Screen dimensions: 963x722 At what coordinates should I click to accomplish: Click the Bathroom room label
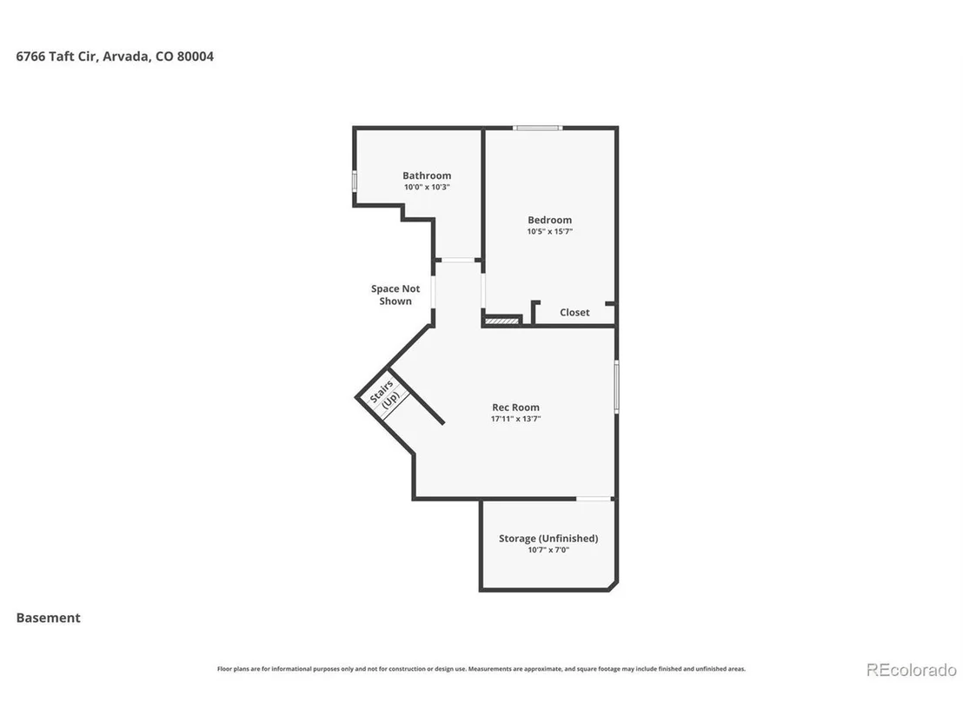(x=427, y=176)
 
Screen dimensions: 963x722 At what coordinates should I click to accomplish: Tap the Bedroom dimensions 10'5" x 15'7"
(x=549, y=231)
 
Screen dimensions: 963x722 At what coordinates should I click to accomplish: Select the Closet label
(x=574, y=313)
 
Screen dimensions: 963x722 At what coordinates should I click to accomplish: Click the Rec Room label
(x=516, y=407)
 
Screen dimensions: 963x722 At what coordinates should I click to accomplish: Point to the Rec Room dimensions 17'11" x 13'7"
(x=516, y=419)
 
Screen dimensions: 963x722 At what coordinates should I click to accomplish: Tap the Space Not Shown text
(x=395, y=295)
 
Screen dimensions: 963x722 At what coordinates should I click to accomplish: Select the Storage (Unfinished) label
(x=548, y=539)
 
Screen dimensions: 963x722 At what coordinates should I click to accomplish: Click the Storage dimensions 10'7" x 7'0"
(x=548, y=550)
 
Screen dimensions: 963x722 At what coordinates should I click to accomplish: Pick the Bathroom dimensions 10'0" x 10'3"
(x=427, y=188)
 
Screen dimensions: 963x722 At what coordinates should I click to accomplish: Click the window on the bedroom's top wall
(x=538, y=128)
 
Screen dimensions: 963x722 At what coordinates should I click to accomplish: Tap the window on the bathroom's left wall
(x=355, y=182)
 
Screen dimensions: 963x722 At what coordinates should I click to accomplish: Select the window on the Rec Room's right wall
(x=616, y=386)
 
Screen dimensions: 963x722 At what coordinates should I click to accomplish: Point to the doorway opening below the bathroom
(x=458, y=261)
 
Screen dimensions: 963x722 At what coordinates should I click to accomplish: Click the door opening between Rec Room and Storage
(x=594, y=499)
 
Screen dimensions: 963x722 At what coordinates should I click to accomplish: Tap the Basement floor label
(x=49, y=618)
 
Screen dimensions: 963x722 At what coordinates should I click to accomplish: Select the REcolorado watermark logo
(x=912, y=670)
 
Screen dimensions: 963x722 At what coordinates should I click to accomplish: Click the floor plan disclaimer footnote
(x=481, y=669)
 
